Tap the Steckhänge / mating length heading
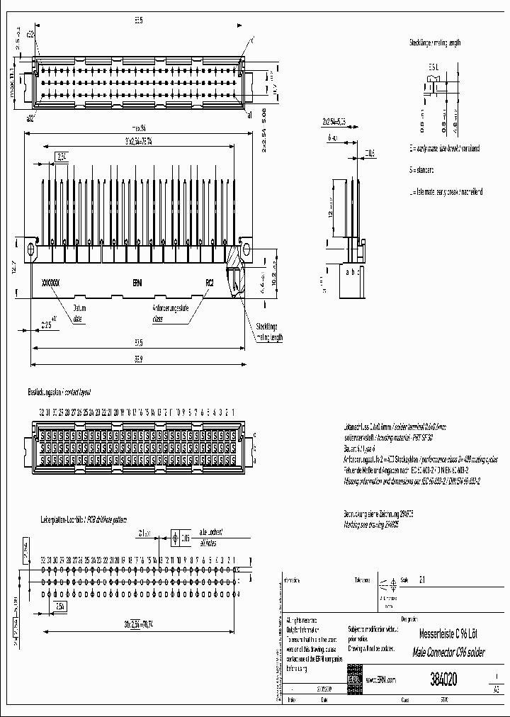pos(434,43)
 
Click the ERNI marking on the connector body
pos(137,282)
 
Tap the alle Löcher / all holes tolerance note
pos(210,539)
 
